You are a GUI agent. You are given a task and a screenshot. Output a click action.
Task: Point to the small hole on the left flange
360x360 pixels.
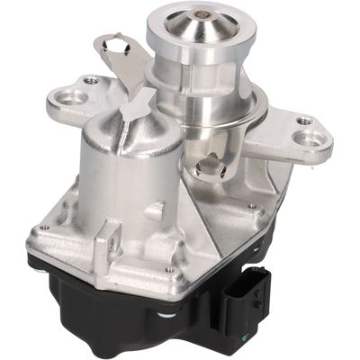point(90,80)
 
